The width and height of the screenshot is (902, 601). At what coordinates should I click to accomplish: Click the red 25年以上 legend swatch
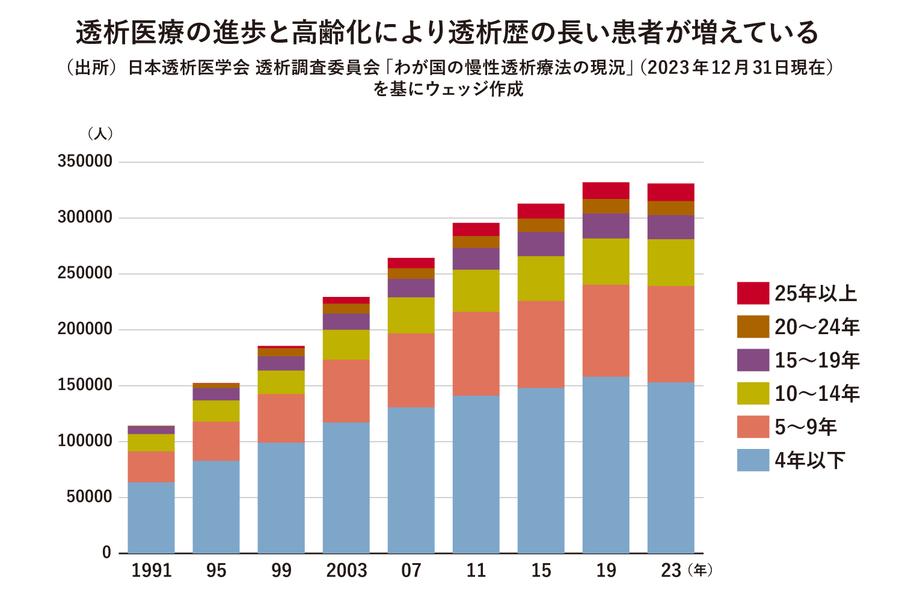point(753,293)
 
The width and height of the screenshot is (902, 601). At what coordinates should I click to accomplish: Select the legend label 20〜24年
point(817,327)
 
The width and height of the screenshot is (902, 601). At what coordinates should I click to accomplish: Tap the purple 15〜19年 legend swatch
point(753,360)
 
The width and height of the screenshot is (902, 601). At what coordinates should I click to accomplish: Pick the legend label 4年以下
point(809,460)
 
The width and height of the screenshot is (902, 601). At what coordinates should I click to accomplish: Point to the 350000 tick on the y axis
point(85,162)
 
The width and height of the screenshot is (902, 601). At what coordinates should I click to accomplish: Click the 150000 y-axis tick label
point(85,385)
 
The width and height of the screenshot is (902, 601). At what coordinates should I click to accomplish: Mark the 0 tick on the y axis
point(106,553)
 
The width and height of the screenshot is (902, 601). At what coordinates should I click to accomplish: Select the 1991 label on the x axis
point(152,570)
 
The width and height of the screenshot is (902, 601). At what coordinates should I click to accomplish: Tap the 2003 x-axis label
point(346,570)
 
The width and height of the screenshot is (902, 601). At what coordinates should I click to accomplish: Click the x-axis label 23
point(670,570)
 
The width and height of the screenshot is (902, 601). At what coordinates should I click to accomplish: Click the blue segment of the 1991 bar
point(152,517)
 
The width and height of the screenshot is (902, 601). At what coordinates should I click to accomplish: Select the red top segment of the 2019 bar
point(606,191)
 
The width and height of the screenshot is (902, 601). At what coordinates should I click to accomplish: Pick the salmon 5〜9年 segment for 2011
point(476,353)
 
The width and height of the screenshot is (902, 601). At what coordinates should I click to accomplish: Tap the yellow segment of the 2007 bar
point(411,316)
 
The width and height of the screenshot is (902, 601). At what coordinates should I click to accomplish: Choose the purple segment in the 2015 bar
point(541,244)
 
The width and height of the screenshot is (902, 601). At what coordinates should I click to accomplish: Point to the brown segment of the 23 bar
point(670,208)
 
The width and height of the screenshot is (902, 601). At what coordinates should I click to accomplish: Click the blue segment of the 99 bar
point(281,498)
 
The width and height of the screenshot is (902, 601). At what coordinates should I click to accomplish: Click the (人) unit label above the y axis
point(100,133)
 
